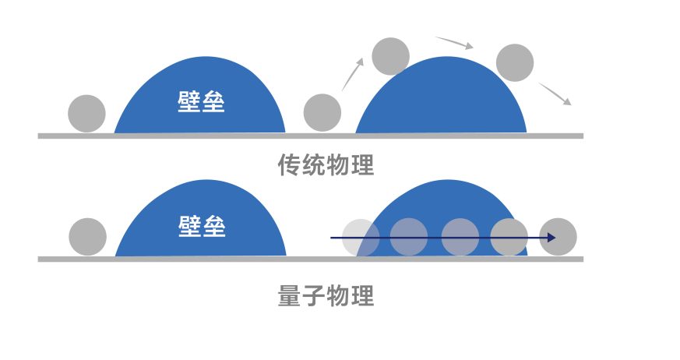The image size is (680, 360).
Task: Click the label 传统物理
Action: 326,165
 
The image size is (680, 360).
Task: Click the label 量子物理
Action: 326,296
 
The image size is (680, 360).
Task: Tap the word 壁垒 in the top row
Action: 201,101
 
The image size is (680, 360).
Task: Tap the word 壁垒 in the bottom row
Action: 201,226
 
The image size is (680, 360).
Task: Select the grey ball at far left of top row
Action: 86,114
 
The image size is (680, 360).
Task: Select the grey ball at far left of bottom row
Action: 87,237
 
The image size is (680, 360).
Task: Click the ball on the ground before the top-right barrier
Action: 322,112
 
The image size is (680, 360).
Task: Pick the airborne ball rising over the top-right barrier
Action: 391,56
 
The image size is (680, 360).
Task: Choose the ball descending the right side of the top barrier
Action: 515,63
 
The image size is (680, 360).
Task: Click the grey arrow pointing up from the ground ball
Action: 353,74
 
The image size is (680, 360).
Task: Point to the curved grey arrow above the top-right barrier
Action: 454,42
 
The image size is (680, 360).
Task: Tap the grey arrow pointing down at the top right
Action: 555,94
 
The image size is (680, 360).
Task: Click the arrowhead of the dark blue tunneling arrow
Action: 551,237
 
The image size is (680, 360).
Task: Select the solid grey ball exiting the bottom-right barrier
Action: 558,237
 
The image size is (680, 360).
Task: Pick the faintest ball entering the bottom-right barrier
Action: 361,238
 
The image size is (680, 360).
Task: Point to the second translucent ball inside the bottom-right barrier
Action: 409,237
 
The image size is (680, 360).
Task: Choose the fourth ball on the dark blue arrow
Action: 509,237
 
